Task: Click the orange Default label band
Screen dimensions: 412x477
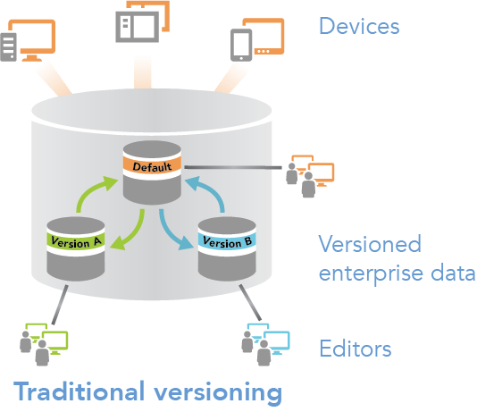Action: click(x=153, y=166)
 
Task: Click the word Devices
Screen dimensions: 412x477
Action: click(x=359, y=26)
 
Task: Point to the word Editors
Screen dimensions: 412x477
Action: click(x=355, y=347)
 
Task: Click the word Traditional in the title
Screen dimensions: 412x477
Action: click(x=88, y=391)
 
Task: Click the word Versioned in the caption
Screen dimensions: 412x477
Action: click(x=369, y=244)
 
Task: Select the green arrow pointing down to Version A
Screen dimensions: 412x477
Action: click(x=129, y=226)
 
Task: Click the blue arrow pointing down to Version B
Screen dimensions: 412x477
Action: click(x=174, y=231)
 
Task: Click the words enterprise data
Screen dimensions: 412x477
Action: click(x=397, y=273)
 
